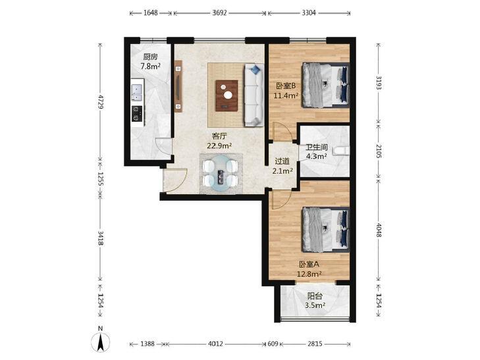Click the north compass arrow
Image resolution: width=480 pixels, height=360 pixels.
tap(100, 342)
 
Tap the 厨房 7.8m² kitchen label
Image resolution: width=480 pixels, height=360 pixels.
tap(150, 61)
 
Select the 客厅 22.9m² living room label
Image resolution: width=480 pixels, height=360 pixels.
tap(219, 141)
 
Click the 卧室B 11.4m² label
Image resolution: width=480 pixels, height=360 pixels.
tap(286, 91)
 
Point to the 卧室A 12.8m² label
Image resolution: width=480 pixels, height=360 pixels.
tap(309, 269)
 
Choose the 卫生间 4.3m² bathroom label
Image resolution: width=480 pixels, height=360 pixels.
tap(317, 152)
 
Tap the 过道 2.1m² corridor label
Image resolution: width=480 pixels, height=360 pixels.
tap(282, 166)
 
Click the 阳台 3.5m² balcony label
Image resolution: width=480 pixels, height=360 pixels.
tap(315, 300)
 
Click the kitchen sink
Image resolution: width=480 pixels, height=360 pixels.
tap(136, 92)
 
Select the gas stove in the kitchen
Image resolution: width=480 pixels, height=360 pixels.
tap(137, 113)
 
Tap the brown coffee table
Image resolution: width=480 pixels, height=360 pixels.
tap(227, 95)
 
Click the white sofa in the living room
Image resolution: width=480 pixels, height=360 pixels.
tap(253, 95)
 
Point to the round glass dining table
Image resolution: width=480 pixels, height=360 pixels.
tap(220, 174)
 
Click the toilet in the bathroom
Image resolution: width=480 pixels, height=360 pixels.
tap(341, 151)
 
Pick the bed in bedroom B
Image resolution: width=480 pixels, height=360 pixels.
tap(325, 85)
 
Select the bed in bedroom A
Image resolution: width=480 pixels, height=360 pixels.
tap(325, 230)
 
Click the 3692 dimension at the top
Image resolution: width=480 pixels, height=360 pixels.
tap(219, 13)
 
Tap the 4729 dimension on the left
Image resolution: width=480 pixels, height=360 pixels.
tap(100, 101)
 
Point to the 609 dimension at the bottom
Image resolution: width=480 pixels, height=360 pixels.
tap(273, 344)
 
